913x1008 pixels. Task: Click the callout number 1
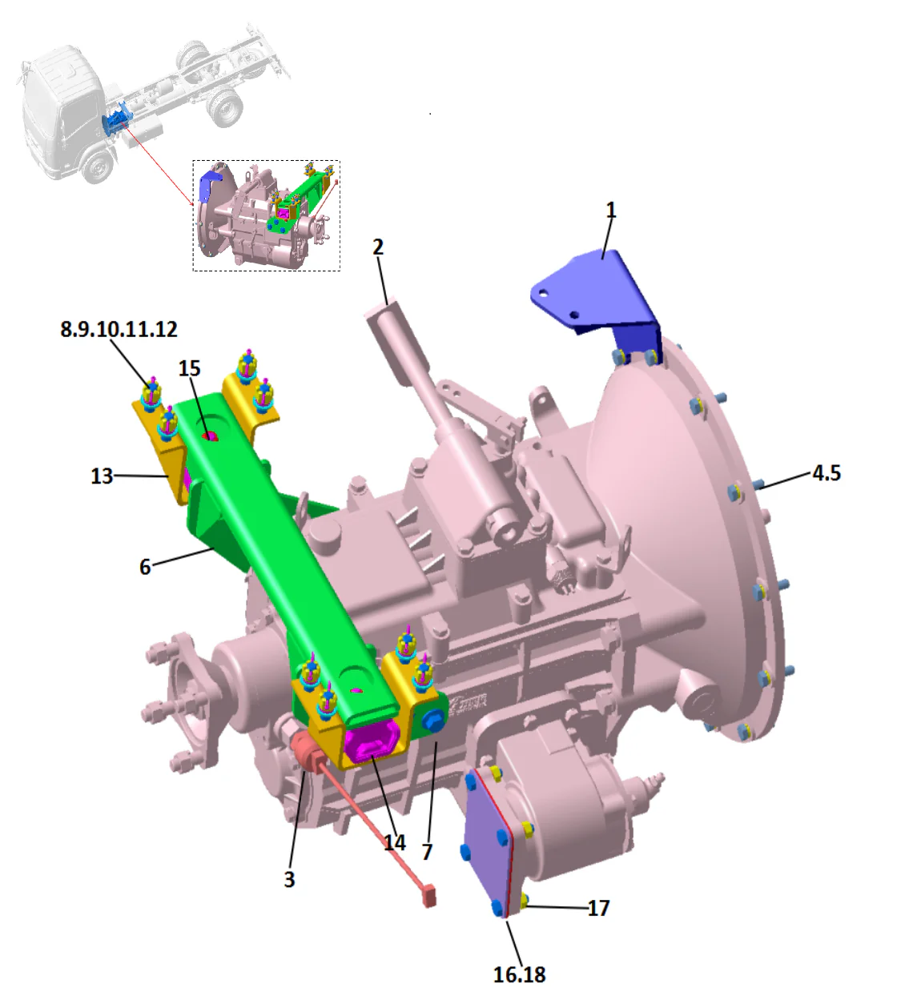coord(611,211)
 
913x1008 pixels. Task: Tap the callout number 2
coord(378,247)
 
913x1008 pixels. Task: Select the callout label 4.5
coord(827,473)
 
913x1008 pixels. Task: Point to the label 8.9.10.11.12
coord(119,329)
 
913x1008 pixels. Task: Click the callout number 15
coord(189,368)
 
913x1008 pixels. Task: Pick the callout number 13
coord(102,476)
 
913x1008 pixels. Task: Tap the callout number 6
coord(145,567)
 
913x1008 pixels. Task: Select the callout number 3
coord(289,879)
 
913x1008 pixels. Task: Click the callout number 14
coord(394,842)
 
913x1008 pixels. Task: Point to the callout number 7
coord(428,852)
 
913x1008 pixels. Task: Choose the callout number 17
coord(598,908)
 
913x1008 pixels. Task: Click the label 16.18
coord(519,974)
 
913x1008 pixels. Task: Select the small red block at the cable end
coord(430,895)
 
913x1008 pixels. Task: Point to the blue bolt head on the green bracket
coord(433,719)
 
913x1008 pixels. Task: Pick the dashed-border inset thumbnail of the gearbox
coord(266,215)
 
